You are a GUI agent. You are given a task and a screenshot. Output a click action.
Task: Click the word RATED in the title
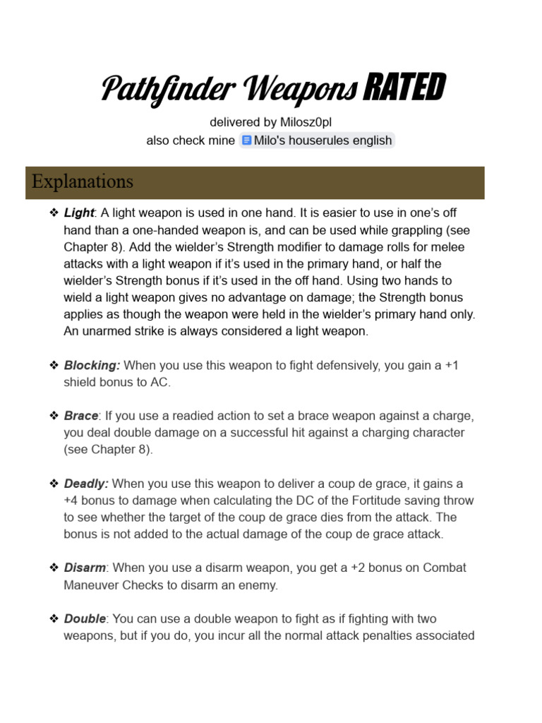coord(404,88)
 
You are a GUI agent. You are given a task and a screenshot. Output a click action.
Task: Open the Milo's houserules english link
coord(323,140)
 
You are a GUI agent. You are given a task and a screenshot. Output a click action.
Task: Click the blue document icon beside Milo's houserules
coord(246,140)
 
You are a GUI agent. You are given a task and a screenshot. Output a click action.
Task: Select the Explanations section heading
coord(82,181)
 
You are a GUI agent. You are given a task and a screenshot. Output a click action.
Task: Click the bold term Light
coord(78,213)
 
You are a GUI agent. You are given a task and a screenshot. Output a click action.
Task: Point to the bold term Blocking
coord(92,365)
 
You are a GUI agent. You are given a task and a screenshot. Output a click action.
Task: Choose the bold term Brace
coord(81,415)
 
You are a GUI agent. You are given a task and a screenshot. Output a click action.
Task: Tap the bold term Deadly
coord(86,484)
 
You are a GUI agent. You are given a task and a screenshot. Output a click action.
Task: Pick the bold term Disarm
coord(85,568)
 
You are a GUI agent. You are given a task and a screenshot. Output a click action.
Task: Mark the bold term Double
coord(85,619)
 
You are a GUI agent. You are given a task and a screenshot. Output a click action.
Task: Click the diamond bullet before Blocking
coord(54,365)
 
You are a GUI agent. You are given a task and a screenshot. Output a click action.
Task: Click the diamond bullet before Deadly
coord(54,484)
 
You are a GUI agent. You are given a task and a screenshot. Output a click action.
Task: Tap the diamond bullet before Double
coord(54,619)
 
